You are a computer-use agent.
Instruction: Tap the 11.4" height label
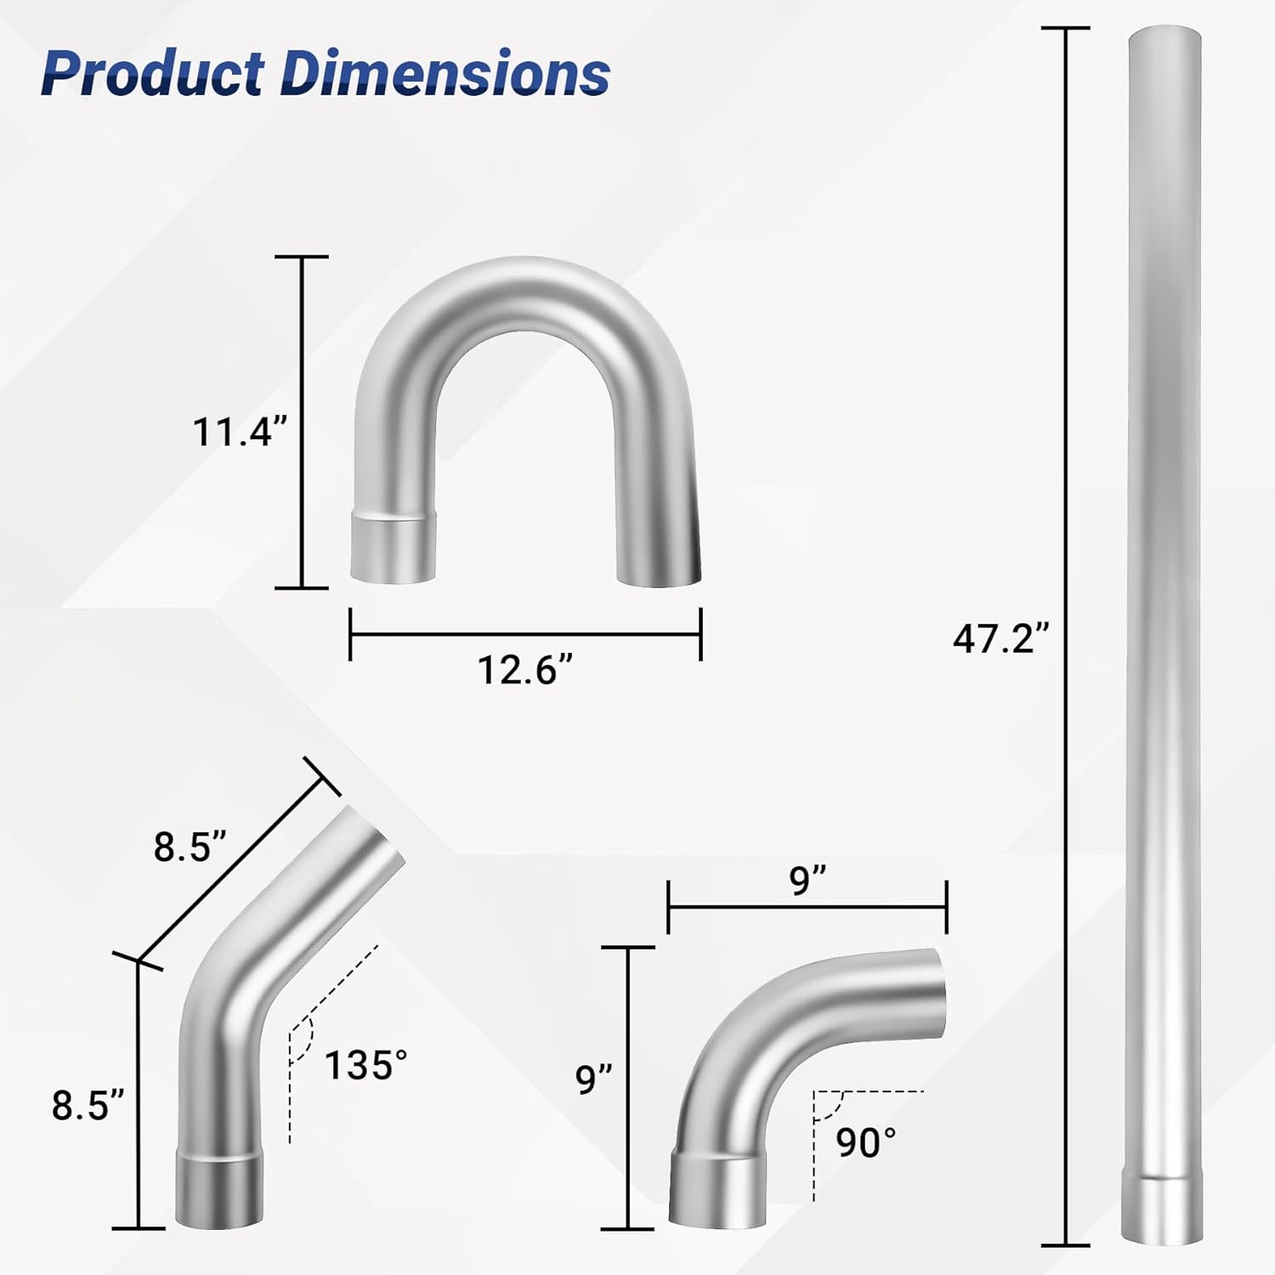click(x=235, y=431)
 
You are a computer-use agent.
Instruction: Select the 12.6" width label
click(x=525, y=670)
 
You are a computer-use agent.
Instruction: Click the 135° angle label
click(x=365, y=1065)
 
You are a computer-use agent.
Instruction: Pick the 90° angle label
click(x=865, y=1143)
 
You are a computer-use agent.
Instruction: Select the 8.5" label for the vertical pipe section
click(x=88, y=1106)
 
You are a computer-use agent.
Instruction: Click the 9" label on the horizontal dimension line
click(x=807, y=880)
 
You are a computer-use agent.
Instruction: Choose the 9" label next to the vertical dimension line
click(x=594, y=1079)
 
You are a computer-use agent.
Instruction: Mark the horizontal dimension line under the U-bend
click(x=525, y=634)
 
